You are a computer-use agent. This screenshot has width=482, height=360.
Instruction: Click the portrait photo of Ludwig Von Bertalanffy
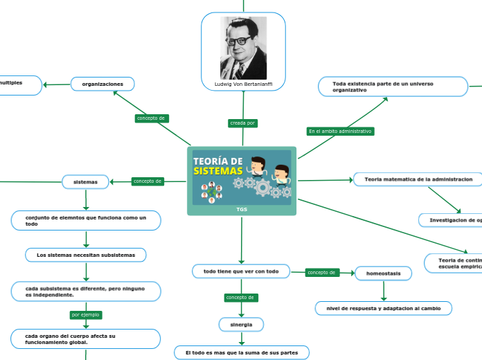[x=243, y=47]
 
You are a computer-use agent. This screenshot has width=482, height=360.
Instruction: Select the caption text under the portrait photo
[x=243, y=84]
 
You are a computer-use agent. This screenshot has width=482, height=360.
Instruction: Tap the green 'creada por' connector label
[x=242, y=123]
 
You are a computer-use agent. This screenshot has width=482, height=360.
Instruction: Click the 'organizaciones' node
[x=102, y=84]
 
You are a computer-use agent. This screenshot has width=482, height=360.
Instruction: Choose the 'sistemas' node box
[x=86, y=181]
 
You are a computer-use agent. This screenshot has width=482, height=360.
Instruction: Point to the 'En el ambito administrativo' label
[x=340, y=131]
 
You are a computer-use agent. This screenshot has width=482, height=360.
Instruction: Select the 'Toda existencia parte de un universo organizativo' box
[x=393, y=87]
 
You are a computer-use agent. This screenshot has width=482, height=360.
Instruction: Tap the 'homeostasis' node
[x=383, y=273]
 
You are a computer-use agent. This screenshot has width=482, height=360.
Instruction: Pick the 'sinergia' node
[x=241, y=324]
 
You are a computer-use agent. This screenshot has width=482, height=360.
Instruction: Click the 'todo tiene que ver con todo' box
[x=240, y=271]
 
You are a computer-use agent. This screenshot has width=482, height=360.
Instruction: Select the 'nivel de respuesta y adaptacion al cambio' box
[x=383, y=308]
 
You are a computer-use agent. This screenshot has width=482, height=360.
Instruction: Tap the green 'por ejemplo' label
[x=86, y=314]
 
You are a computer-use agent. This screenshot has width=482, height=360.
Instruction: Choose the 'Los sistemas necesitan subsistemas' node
[x=86, y=255]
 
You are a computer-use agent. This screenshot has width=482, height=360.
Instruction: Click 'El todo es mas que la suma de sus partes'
[x=241, y=352]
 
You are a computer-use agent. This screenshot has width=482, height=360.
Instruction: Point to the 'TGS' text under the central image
[x=241, y=209]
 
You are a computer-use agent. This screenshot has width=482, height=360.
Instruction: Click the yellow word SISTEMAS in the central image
[x=218, y=170]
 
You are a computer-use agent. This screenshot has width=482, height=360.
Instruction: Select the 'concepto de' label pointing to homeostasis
[x=322, y=273]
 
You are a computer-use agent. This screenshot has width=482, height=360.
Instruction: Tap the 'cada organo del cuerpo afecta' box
[x=86, y=339]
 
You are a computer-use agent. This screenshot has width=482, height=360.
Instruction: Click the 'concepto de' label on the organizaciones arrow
[x=151, y=118]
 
